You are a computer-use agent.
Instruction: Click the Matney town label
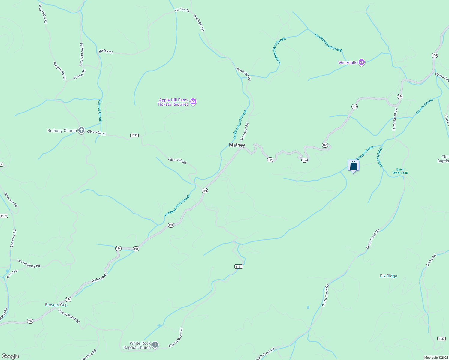point(237,145)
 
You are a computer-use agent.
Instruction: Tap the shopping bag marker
point(353,165)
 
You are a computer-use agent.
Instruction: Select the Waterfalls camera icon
point(362,62)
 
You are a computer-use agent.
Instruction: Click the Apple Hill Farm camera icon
point(193,102)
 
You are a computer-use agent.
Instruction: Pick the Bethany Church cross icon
point(81,130)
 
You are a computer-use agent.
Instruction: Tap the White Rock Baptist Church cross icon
point(155,345)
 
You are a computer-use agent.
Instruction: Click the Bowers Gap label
point(56,305)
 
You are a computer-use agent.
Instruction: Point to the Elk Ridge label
point(388,276)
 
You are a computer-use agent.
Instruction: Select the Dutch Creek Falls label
point(400,171)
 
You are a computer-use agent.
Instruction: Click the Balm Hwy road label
point(99,278)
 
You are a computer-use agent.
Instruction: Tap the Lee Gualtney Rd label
point(29,263)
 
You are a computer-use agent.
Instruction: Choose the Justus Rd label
point(431,260)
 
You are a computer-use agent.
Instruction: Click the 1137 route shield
point(441,339)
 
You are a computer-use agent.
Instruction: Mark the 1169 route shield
point(4,216)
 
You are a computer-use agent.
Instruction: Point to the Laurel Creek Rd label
point(81,54)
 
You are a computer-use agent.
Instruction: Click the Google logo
point(10,356)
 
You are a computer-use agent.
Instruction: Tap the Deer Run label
point(12,273)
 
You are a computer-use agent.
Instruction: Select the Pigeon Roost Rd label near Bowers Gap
point(69,316)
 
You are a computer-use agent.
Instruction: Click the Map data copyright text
point(436,358)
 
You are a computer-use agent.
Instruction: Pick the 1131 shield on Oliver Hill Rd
point(134,135)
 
